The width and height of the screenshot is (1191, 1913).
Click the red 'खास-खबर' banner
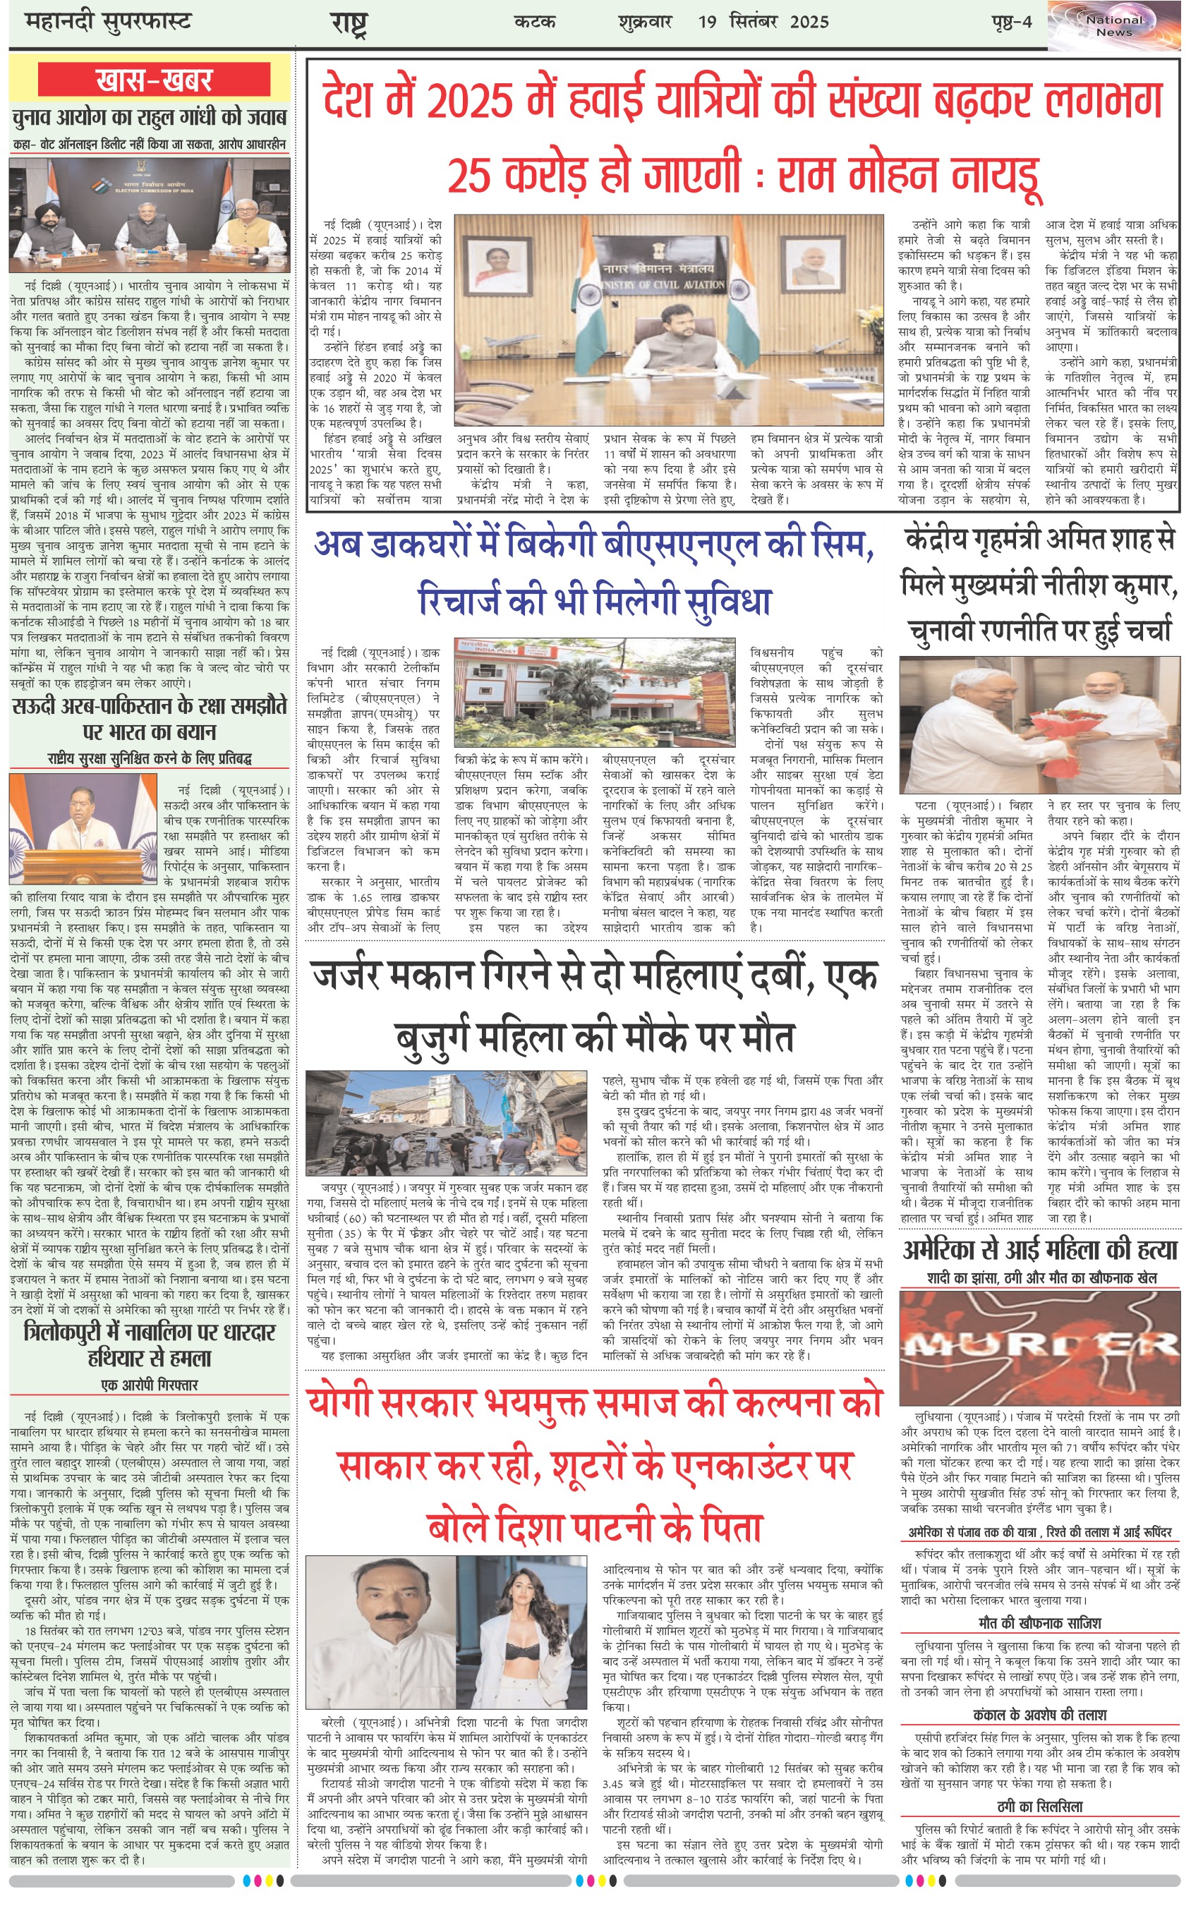(155, 80)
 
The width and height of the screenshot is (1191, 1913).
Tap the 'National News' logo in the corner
(1113, 25)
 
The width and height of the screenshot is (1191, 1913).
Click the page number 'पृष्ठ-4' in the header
(1010, 21)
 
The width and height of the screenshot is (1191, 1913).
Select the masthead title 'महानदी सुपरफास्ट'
(109, 21)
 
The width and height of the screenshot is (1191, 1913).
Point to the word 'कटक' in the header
(535, 21)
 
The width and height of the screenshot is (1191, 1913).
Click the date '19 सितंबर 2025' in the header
(763, 21)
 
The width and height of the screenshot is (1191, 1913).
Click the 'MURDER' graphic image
(1039, 1347)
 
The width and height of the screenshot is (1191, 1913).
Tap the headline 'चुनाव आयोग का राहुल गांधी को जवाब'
(150, 118)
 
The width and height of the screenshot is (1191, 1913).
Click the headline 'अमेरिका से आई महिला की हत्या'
(1039, 1249)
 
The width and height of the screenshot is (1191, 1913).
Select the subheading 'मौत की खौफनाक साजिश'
(1039, 1623)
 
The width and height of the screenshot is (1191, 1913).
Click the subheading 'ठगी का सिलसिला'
(1039, 1806)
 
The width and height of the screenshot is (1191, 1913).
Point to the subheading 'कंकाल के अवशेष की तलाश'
(1039, 1715)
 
